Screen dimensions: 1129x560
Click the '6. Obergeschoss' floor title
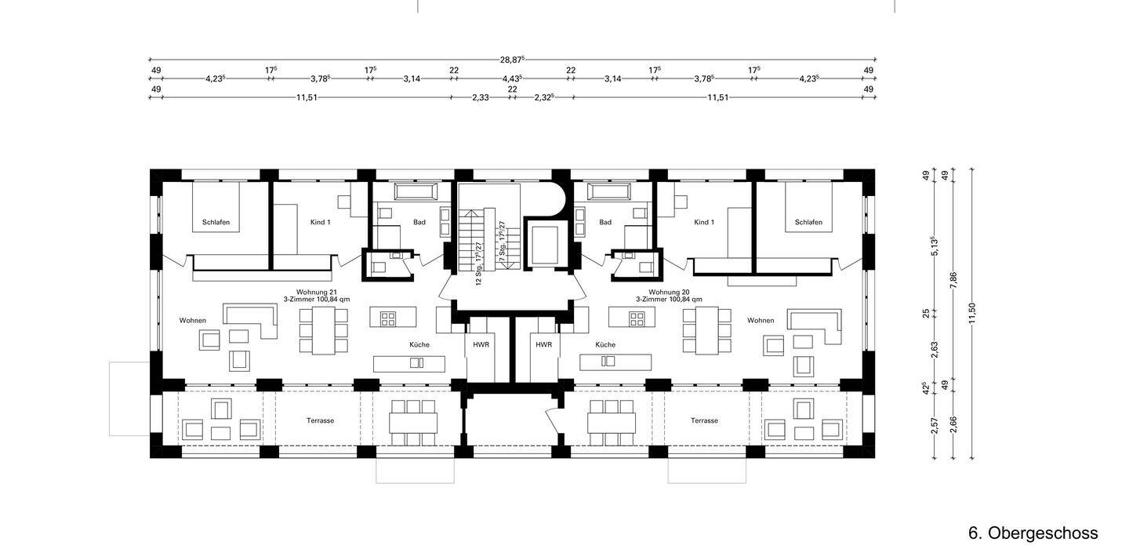point(1033,533)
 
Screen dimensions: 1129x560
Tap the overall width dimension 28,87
point(512,60)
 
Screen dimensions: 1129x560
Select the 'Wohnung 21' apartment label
point(317,292)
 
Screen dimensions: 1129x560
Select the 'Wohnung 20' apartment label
point(669,292)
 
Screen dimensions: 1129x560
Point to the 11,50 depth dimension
point(971,314)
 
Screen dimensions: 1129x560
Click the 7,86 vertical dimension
point(953,280)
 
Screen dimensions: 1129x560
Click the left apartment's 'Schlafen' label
point(216,222)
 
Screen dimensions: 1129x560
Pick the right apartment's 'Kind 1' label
point(704,222)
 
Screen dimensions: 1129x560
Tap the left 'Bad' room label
point(419,222)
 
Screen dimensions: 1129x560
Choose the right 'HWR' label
point(544,345)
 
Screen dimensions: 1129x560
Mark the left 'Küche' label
point(419,345)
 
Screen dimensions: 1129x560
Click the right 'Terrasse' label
point(704,420)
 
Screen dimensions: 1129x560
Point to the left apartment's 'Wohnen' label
point(193,320)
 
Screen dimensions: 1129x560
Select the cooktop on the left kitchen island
point(388,319)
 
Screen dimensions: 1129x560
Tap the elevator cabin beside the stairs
point(544,245)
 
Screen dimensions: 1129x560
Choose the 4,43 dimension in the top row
point(512,78)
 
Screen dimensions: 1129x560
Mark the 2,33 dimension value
point(481,97)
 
